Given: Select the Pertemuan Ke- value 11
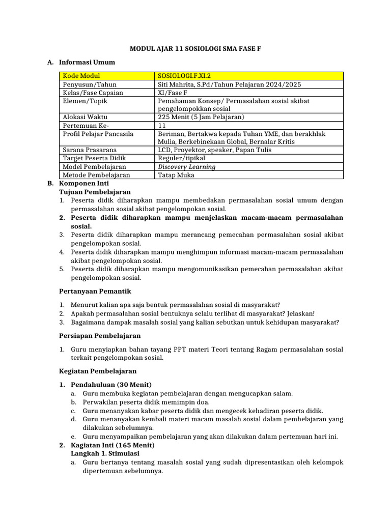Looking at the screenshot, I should click(162, 125).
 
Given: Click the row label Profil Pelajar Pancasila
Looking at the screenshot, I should click(98, 133).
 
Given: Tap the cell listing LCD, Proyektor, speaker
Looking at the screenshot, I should click(214, 150).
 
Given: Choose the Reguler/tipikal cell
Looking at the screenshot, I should click(181, 158).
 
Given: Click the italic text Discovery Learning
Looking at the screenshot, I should click(186, 166).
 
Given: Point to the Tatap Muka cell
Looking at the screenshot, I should click(176, 175).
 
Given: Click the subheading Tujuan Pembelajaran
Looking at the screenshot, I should click(95, 192).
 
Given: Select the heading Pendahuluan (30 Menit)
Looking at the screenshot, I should click(111, 384).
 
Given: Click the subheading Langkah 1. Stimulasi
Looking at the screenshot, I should click(105, 453).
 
